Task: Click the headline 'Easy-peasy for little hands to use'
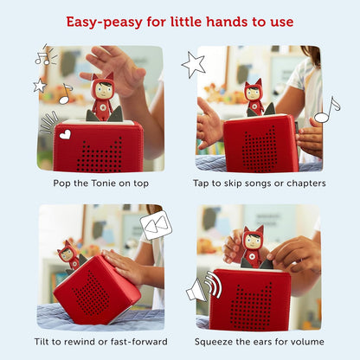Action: pos(180,21)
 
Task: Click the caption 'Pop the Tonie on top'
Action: pos(100,183)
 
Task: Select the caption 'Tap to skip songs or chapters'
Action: pos(259,183)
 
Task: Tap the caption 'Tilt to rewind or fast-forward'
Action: pos(100,341)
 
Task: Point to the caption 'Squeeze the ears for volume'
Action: pos(259,341)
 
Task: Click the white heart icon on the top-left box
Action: pos(65,134)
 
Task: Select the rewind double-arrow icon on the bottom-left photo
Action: pos(156,227)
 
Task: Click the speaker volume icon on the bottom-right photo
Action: pos(204,287)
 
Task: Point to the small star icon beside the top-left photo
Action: pos(40,85)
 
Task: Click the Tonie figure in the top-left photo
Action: pos(103,95)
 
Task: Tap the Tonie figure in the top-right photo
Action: pos(253,95)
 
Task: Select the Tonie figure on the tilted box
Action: pos(67,254)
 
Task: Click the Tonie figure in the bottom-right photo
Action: pos(252,246)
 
